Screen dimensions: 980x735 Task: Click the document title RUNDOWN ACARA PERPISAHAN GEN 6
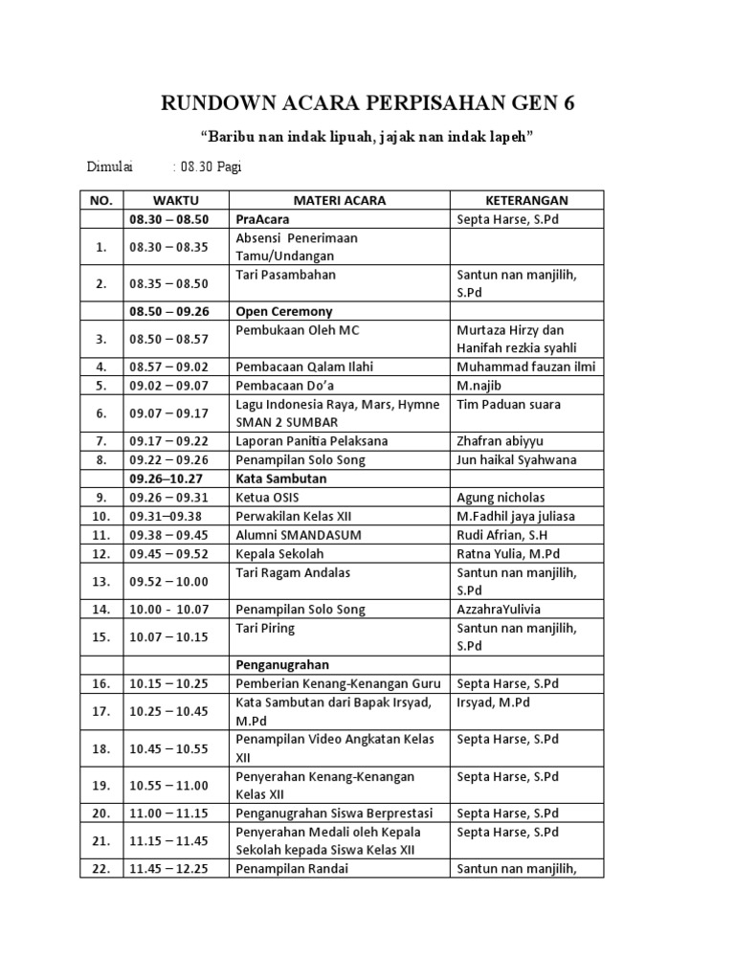367,103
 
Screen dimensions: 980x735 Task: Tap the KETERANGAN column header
525,200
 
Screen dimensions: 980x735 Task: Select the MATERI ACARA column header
339,200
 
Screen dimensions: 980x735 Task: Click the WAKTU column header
175,200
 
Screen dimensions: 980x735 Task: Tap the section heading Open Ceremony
284,311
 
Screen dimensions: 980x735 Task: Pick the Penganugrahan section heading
282,664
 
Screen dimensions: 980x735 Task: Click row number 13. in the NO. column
100,581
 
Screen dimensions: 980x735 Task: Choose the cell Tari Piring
265,629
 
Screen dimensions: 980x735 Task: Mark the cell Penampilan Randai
292,869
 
